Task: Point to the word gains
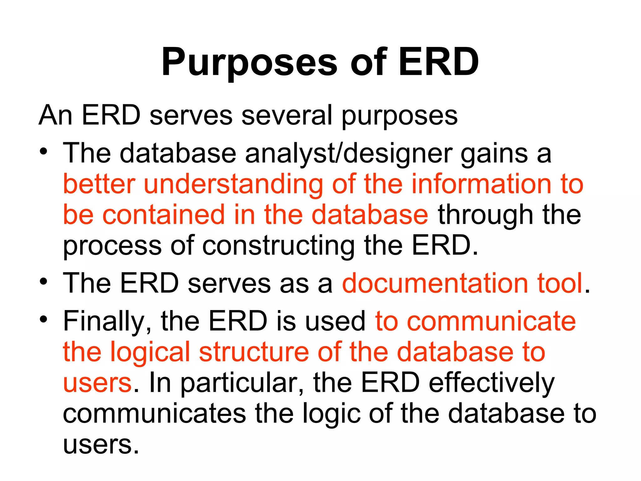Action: (494, 153)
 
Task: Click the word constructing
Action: (278, 246)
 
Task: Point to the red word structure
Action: (254, 352)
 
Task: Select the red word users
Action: (97, 383)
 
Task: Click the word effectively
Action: (491, 383)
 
